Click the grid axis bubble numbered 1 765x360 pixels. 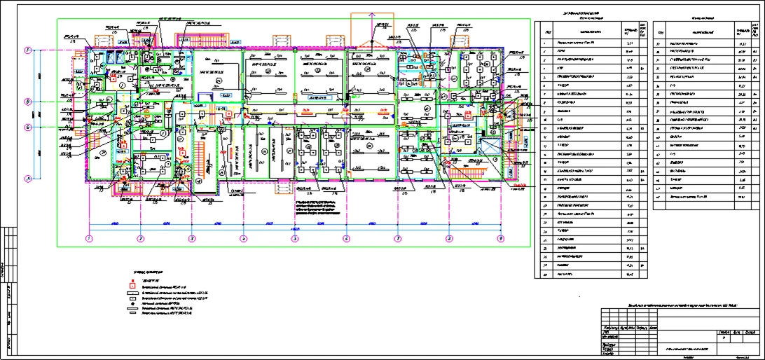coord(89,239)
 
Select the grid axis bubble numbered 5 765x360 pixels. coord(295,239)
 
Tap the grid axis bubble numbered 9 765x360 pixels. coord(500,239)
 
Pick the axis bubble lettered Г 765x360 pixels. coord(28,50)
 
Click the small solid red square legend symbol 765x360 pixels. coord(131,278)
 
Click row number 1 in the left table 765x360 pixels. coord(548,44)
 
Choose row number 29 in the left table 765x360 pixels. coord(548,275)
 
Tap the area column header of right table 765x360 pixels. coord(740,31)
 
